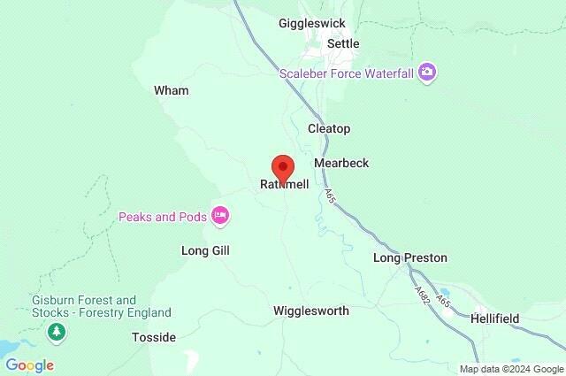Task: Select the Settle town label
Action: (343, 42)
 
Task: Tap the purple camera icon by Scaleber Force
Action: (427, 72)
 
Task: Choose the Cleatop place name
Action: (329, 129)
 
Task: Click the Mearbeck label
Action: (341, 164)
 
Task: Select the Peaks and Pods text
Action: (163, 216)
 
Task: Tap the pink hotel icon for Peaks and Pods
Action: (220, 215)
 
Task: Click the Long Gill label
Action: (205, 251)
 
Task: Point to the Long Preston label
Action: (409, 258)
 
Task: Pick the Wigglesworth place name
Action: (311, 311)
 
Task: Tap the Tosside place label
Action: (154, 338)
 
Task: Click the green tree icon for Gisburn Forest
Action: (57, 331)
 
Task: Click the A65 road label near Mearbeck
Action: (329, 195)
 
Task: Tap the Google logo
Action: (29, 364)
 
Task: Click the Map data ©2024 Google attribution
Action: (510, 368)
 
